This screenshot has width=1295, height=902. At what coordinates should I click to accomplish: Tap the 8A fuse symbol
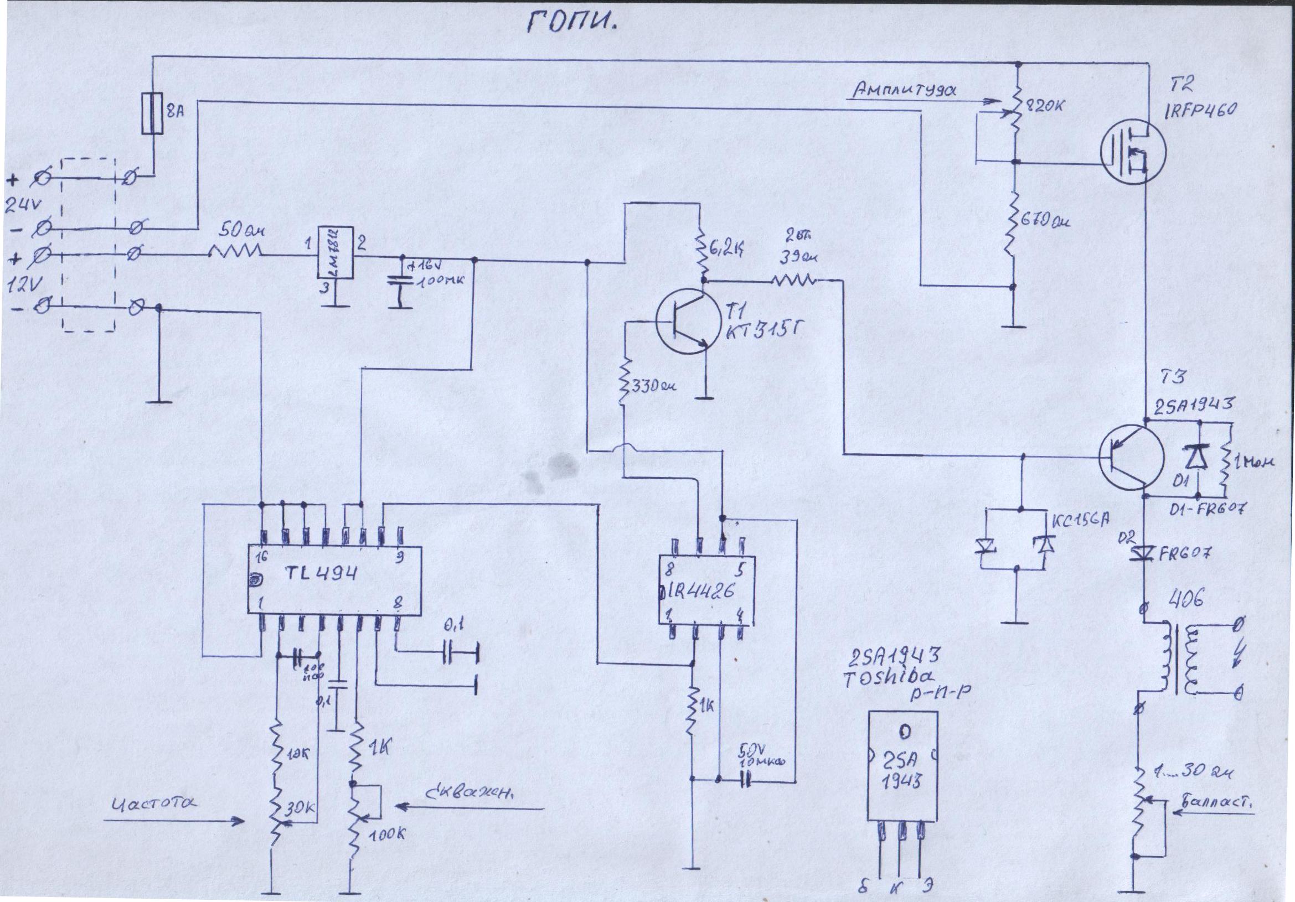151,113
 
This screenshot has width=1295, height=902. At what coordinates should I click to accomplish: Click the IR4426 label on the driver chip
699,591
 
